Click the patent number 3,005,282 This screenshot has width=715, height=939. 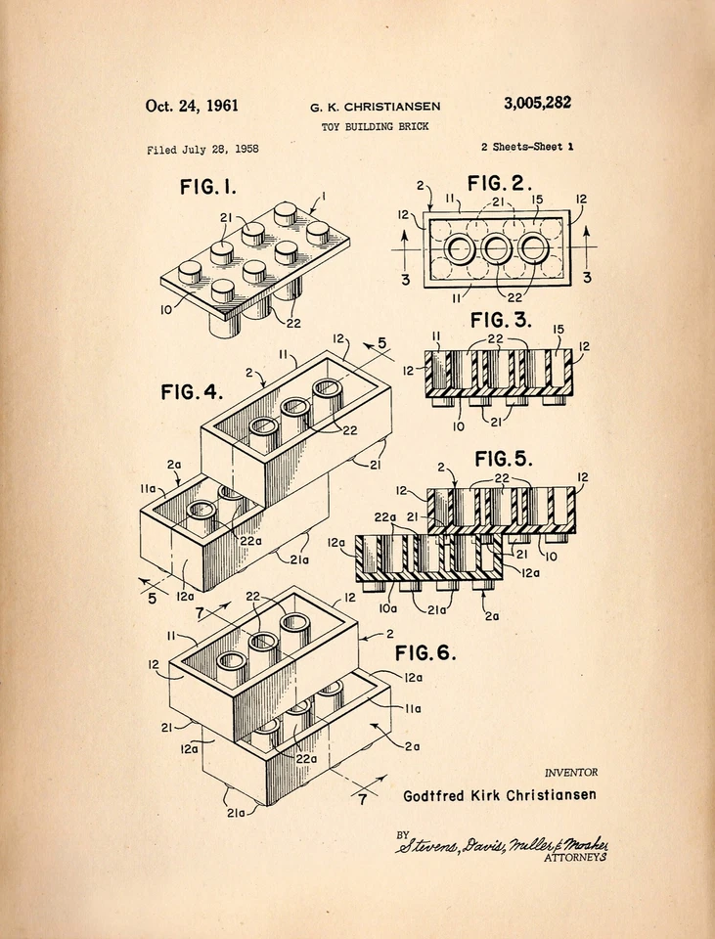click(x=537, y=104)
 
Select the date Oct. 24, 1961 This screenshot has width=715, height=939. click(x=192, y=106)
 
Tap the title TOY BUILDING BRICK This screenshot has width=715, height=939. click(x=375, y=127)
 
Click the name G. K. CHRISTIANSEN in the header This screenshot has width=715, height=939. click(x=375, y=107)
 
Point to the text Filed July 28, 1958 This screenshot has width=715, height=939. click(x=202, y=150)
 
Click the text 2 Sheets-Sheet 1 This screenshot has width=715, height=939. click(x=526, y=147)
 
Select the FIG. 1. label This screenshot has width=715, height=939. click(x=207, y=187)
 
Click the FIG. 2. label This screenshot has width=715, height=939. click(x=500, y=183)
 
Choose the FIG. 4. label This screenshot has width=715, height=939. click(x=192, y=392)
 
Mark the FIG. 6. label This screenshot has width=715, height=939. click(x=425, y=652)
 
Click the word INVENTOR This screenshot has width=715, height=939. click(x=570, y=773)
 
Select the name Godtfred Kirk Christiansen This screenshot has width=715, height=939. click(x=499, y=795)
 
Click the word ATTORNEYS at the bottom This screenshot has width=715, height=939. click(x=576, y=858)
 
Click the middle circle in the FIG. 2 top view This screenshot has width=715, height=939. click(x=497, y=249)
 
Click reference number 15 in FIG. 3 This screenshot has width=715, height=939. click(x=559, y=330)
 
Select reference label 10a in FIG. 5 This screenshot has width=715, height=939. click(x=388, y=607)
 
